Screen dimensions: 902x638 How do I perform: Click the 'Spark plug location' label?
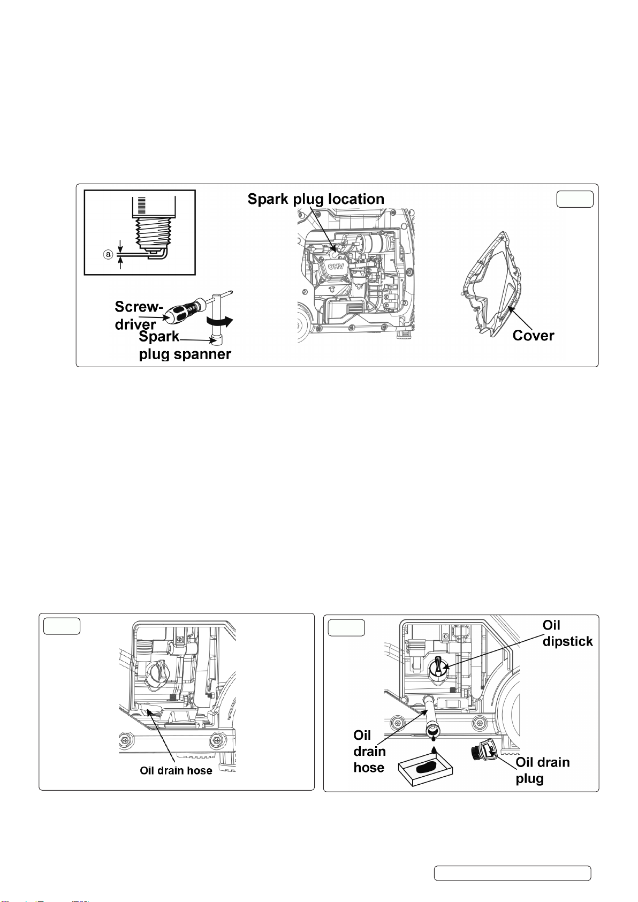(x=316, y=199)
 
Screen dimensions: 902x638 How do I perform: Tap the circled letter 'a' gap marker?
(x=108, y=255)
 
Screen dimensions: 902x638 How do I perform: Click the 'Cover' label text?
(x=533, y=336)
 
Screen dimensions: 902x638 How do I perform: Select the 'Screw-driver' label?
(x=138, y=315)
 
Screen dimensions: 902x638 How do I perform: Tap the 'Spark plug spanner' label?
(x=185, y=346)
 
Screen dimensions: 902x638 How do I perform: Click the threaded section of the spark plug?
(x=153, y=231)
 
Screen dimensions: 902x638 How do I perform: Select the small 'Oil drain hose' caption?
(x=176, y=770)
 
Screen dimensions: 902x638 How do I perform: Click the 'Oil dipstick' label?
(x=567, y=633)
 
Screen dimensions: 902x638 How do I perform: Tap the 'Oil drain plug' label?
(x=542, y=770)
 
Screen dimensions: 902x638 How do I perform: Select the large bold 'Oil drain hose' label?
(x=369, y=751)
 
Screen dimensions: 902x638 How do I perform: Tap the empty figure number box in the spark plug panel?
(x=575, y=199)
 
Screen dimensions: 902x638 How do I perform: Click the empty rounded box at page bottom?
(x=512, y=873)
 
